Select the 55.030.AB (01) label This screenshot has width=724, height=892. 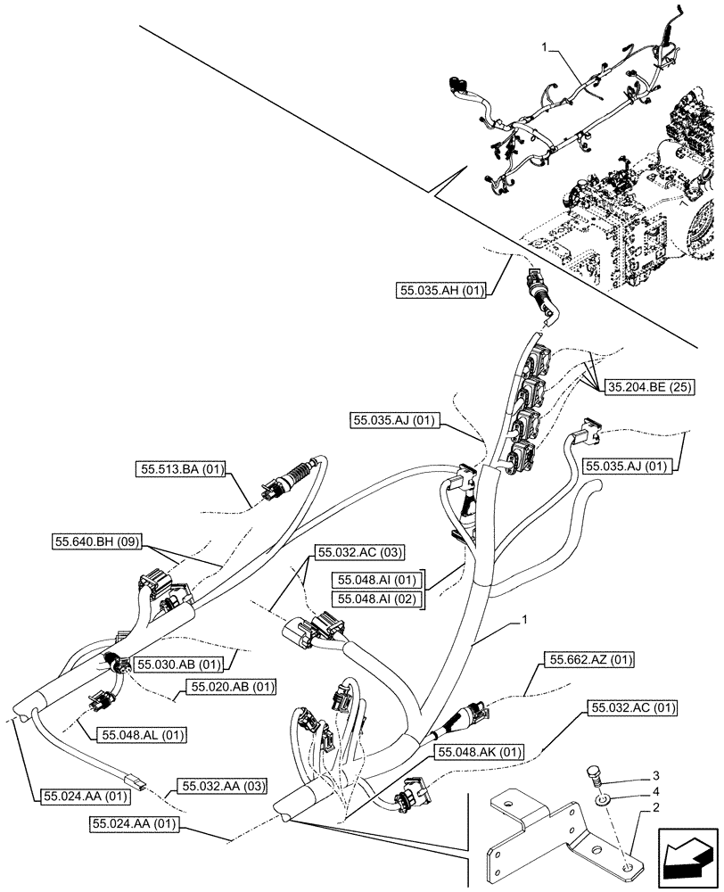(178, 663)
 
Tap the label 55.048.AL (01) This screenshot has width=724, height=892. (132, 734)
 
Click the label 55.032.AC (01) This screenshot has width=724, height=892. (631, 708)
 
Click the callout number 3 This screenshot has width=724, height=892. (655, 775)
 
